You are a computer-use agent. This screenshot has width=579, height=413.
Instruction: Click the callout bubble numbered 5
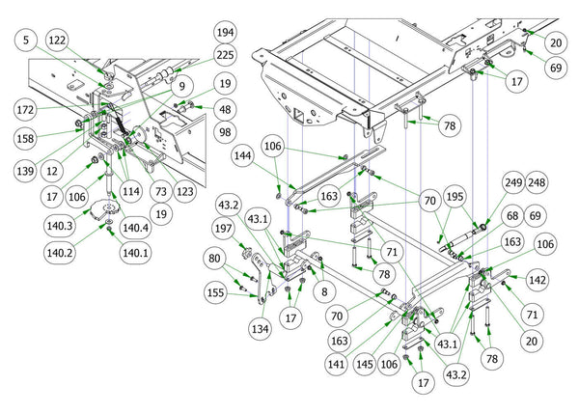(x=25, y=41)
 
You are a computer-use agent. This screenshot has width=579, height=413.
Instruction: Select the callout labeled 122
(x=59, y=41)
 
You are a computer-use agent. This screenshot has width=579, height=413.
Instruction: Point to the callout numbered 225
(x=224, y=56)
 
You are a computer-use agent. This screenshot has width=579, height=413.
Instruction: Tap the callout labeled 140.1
(x=135, y=253)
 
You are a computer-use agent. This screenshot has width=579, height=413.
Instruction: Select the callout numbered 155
(x=216, y=290)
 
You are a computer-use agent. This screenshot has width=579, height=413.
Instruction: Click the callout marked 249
(x=513, y=182)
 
